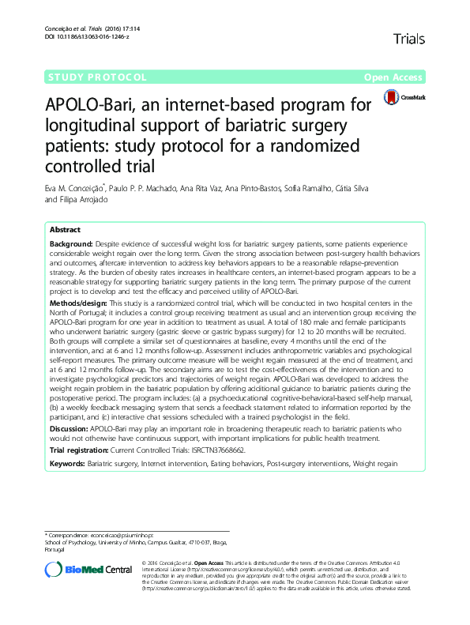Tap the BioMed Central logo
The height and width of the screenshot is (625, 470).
88,569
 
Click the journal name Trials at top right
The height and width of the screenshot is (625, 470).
408,38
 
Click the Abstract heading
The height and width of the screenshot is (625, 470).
64,229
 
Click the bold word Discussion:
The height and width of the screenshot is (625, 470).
71,427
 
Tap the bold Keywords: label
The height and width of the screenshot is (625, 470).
68,462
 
